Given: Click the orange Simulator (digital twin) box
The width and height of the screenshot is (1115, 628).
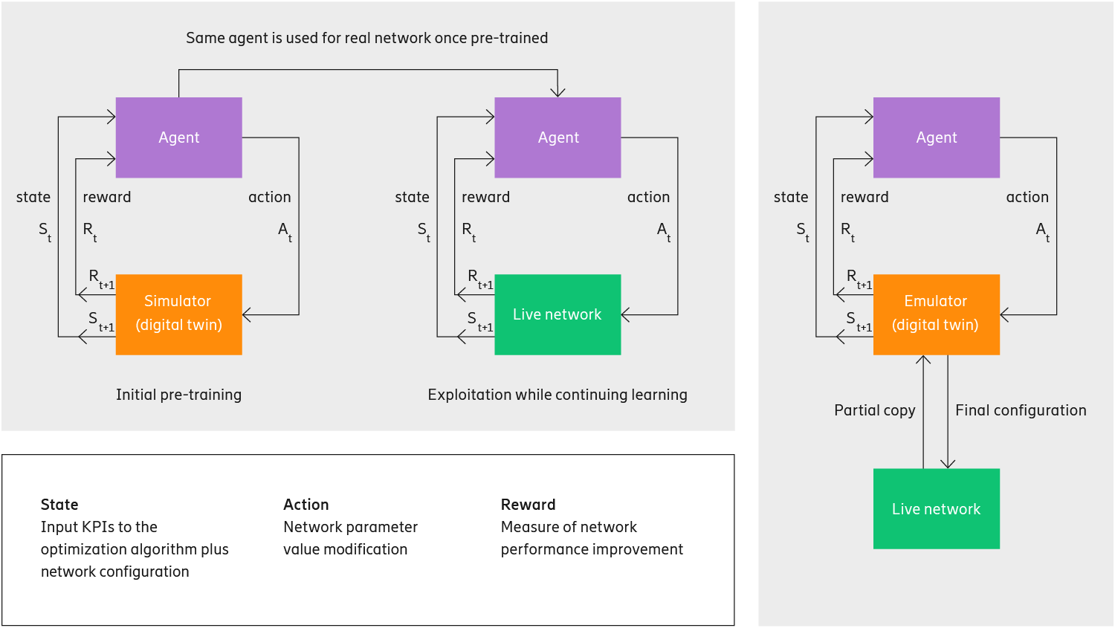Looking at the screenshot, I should coord(178,314).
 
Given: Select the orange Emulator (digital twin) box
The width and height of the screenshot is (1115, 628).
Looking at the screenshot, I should coord(936,314).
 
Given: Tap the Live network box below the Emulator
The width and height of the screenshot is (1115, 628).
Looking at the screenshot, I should coord(936,508).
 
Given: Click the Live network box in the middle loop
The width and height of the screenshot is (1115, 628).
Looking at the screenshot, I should coord(557,314).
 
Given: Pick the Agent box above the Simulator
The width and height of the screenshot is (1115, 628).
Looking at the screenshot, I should coord(178,137).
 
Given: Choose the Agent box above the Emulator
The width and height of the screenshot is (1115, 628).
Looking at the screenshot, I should coord(936,137).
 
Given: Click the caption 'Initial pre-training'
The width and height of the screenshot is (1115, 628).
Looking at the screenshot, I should coord(178,395).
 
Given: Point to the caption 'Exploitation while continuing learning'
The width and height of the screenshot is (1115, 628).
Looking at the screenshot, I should coord(557,395).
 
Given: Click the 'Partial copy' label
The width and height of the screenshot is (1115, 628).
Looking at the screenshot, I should coord(874,410).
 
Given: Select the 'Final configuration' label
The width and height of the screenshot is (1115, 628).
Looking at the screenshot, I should coord(1021,410).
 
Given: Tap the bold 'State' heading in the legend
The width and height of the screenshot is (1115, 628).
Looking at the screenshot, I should coord(59,505).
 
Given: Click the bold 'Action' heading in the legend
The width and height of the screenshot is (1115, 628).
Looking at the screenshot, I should coord(306,505).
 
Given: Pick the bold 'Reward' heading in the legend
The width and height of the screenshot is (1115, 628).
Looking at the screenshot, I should coord(528,505).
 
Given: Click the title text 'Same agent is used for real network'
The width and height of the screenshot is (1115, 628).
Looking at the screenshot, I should coord(366,38).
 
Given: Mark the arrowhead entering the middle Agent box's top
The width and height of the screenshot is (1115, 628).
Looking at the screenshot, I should coord(557,92).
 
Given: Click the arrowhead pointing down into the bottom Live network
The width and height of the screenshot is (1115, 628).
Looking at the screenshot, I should coord(948,464).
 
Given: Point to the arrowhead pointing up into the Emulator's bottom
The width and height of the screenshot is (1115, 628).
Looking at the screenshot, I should coord(923,360).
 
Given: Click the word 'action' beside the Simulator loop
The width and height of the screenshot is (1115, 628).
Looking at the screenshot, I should coord(269,197).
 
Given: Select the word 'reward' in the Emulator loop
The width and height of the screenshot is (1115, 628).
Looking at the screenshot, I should coord(864,197).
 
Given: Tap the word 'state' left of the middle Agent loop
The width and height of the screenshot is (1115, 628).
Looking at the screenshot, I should coord(412,197).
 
